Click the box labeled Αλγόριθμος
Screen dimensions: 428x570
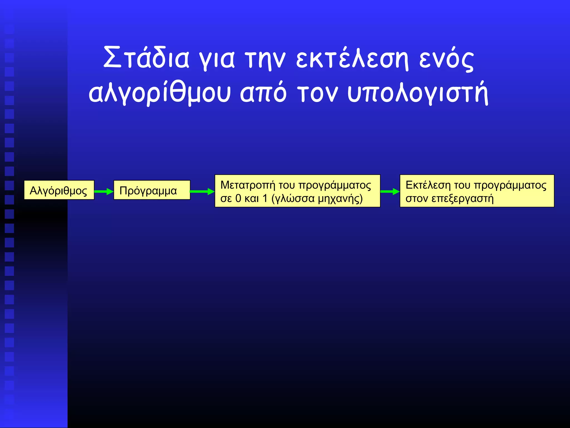(59, 190)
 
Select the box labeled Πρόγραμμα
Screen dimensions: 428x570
(152, 190)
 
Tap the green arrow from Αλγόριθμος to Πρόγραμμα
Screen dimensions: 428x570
(104, 191)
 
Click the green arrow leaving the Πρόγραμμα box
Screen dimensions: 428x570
(202, 191)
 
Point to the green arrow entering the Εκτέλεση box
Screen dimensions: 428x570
(390, 191)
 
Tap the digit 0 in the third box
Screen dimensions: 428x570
(238, 198)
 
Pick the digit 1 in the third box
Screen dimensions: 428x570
(265, 198)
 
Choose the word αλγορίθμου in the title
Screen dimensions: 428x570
(159, 93)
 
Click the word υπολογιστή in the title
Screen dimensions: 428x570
(418, 93)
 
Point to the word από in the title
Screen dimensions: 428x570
(263, 93)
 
